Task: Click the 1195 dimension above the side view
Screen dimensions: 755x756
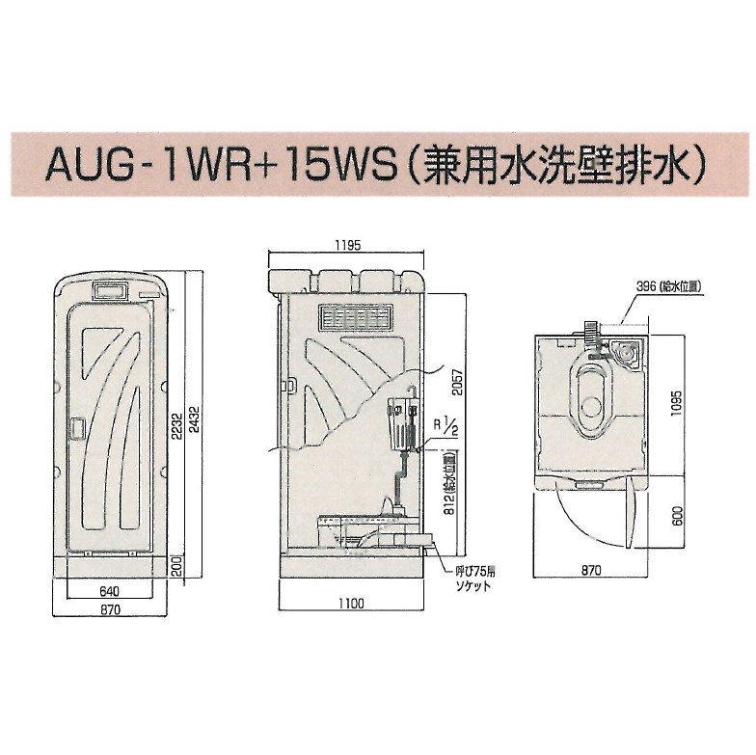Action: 348,246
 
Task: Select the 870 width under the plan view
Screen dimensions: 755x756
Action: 591,571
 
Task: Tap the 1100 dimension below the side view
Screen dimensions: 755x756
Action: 351,605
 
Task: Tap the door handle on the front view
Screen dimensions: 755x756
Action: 77,425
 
